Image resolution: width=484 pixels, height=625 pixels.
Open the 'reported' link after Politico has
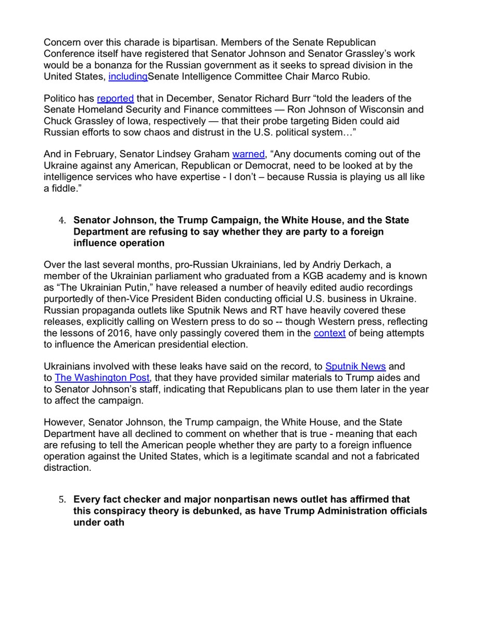point(116,98)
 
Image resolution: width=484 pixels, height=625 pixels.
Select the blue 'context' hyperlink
point(329,333)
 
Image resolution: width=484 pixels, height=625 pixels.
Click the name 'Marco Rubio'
point(317,76)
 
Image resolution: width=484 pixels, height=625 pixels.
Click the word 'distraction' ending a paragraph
point(66,467)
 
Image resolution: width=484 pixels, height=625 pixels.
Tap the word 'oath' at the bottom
point(114,522)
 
